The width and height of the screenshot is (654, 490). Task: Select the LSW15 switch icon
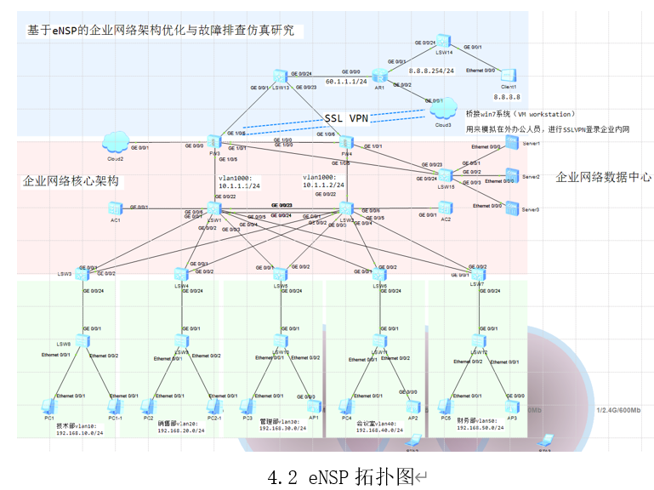click(x=446, y=175)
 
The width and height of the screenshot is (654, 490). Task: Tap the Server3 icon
click(x=510, y=206)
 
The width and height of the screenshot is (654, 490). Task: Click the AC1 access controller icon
click(x=115, y=208)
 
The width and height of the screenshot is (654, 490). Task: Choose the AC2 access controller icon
click(x=446, y=208)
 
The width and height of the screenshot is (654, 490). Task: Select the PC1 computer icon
click(x=49, y=406)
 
